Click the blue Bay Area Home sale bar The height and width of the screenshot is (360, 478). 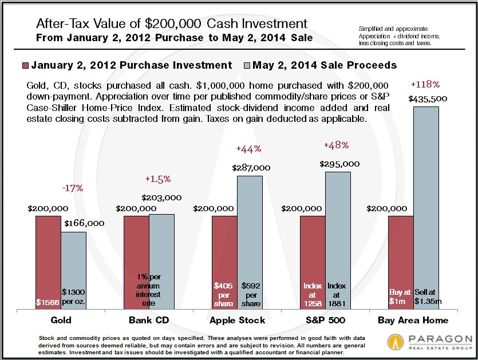(x=426, y=206)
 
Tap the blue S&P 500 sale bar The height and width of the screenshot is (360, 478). (x=338, y=240)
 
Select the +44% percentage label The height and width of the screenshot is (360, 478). (x=248, y=149)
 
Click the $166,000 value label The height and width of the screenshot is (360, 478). (x=84, y=223)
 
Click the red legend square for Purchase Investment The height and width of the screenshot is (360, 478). (x=25, y=65)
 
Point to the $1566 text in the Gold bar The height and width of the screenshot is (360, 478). (x=48, y=302)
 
